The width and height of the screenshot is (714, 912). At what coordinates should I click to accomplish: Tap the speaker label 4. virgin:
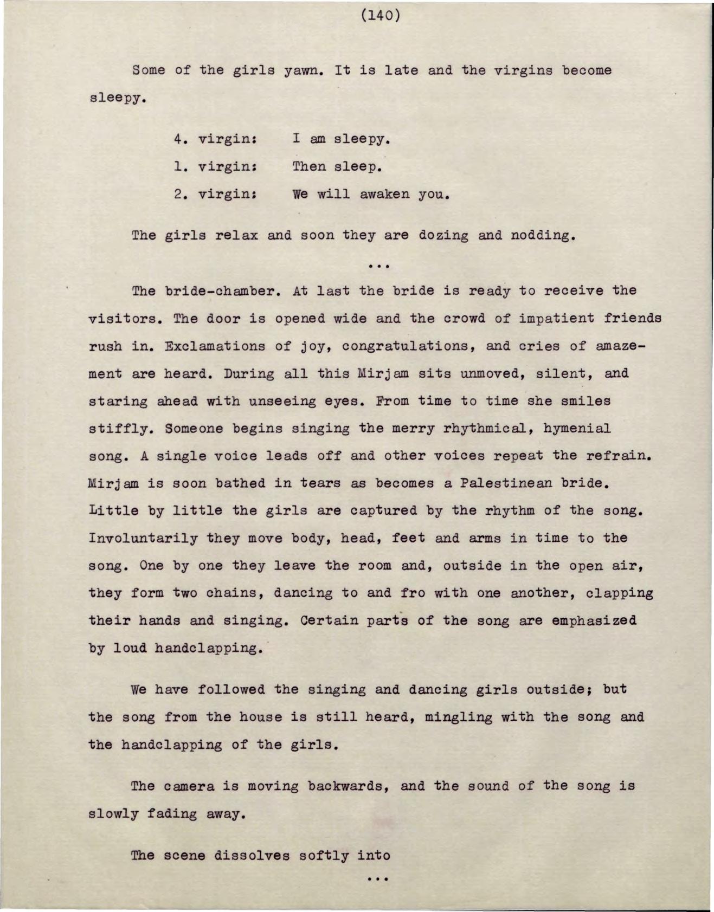215,139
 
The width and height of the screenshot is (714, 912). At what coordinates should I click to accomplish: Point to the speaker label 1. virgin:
215,166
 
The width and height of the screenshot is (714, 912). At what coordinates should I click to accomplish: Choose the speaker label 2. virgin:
215,194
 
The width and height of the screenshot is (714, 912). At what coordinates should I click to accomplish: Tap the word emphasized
594,620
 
